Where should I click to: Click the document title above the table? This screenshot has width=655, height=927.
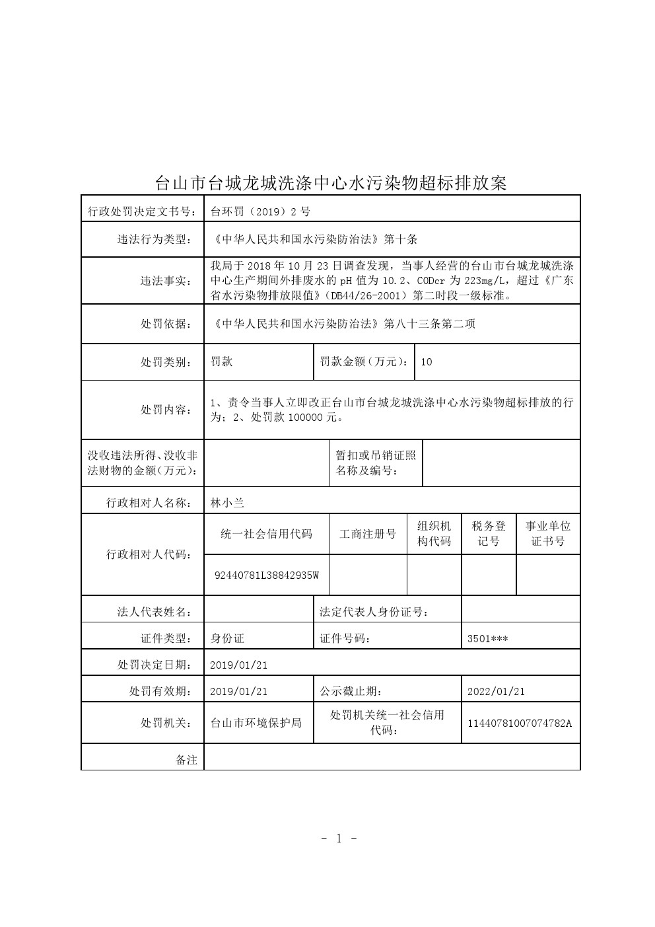[x=330, y=182]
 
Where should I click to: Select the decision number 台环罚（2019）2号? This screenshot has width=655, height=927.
[x=260, y=211]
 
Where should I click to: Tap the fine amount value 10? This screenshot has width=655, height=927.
[x=426, y=362]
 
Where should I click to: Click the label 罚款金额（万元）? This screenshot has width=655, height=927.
[x=364, y=362]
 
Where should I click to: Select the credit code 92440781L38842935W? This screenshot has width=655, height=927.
[x=267, y=575]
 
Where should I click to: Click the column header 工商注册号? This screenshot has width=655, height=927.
[x=368, y=534]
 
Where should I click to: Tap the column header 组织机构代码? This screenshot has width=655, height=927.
[x=434, y=534]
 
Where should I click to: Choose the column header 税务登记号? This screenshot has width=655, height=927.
[x=489, y=534]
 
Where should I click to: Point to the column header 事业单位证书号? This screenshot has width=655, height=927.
[x=548, y=534]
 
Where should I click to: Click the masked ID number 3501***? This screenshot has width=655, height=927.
[x=487, y=639]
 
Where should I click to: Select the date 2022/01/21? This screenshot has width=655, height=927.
[x=496, y=692]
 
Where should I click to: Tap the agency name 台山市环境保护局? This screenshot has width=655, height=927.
[x=256, y=723]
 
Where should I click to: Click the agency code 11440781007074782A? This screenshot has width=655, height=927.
[x=520, y=723]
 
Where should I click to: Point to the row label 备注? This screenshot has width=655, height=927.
[x=186, y=760]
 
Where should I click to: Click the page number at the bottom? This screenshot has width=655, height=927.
[x=339, y=839]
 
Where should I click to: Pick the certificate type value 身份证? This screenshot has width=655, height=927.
[x=227, y=639]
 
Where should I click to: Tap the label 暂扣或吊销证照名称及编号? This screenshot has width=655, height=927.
[x=376, y=463]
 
